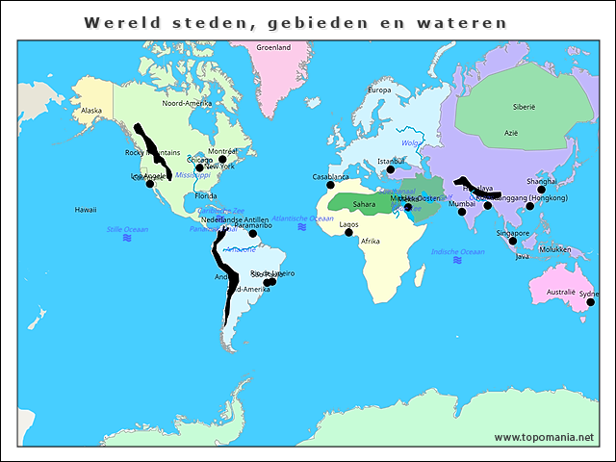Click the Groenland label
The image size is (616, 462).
coord(274,47)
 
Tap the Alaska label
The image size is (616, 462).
coord(91,111)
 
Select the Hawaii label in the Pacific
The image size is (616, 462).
coord(86,209)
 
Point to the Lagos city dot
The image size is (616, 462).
coord(348,232)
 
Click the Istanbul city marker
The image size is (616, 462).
coord(390,172)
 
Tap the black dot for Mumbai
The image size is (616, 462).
coord(461,212)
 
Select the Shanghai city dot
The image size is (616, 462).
coord(541,190)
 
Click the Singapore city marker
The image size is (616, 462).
coord(512,241)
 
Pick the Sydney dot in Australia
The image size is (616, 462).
coord(590,302)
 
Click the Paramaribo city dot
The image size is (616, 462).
coord(253,233)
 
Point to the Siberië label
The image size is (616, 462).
coord(524,107)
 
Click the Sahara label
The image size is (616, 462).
coord(365,204)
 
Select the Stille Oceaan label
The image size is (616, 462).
coord(127,229)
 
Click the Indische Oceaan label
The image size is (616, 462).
coord(457,251)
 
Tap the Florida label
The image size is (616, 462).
coord(206,195)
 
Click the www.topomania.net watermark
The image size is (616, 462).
coord(544,437)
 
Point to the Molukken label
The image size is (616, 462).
coord(554,249)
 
